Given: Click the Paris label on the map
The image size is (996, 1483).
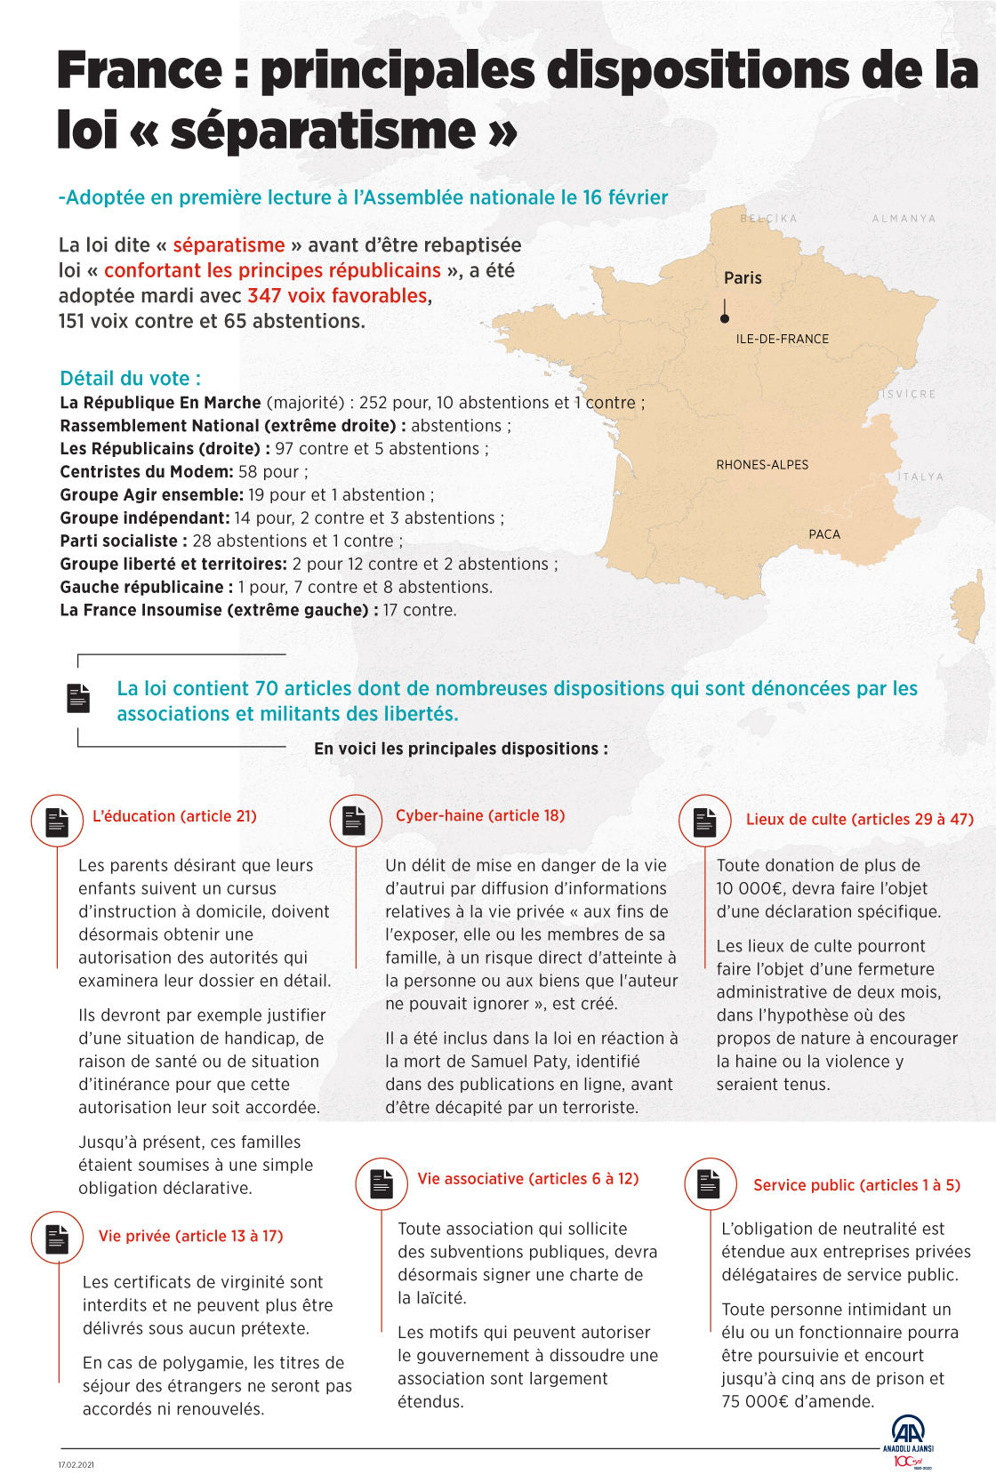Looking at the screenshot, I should (743, 278).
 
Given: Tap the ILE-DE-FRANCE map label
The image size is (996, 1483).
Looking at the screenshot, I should (782, 339).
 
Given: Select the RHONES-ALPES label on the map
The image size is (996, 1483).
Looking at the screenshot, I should (762, 465).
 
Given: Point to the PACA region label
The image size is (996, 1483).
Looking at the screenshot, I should (824, 534).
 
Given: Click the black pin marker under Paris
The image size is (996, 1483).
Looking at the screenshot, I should (725, 317).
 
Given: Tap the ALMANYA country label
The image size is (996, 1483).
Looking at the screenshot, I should (904, 219).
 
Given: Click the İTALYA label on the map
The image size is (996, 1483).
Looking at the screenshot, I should (920, 477).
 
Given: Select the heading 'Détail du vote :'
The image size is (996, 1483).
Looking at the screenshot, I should (130, 379).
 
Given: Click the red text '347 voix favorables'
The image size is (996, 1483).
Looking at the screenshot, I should (338, 296).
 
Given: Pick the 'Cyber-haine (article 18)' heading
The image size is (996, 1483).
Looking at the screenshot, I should (480, 815).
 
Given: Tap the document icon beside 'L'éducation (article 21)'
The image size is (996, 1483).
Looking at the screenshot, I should (57, 821).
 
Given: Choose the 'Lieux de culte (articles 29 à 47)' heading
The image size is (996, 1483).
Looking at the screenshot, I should (860, 820).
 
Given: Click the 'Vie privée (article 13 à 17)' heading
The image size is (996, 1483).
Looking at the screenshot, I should (191, 1236).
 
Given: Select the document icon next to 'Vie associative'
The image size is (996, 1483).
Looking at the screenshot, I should (382, 1183).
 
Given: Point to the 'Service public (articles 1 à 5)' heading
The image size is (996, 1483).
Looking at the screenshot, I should (856, 1185).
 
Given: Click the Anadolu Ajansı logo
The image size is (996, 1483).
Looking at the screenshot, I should (908, 1440).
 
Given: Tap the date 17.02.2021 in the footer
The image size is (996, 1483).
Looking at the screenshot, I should (76, 1464).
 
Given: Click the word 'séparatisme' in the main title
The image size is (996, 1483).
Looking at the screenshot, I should (324, 131).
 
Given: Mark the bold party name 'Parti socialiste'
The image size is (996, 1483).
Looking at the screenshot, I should (119, 541).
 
